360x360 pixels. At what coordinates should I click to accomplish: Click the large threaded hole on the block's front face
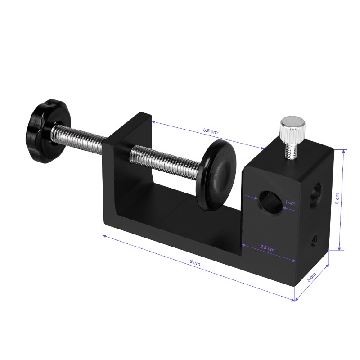[269, 202]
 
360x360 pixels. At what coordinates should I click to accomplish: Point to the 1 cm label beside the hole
[291, 203]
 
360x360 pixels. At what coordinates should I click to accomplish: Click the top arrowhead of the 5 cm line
[344, 152]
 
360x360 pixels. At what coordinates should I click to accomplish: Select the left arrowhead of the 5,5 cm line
[153, 121]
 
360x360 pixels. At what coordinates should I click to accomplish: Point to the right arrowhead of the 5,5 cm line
[262, 148]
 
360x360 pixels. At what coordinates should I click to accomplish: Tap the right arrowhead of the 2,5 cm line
[295, 260]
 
